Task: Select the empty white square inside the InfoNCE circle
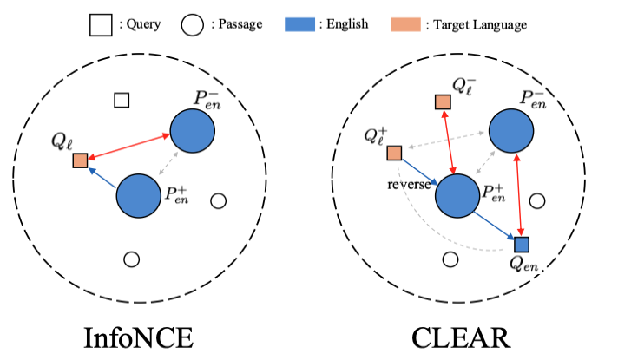click(122, 100)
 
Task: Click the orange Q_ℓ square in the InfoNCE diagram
click(80, 160)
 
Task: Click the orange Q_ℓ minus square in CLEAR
click(443, 103)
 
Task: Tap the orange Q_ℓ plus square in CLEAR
click(393, 154)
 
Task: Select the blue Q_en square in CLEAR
click(521, 244)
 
